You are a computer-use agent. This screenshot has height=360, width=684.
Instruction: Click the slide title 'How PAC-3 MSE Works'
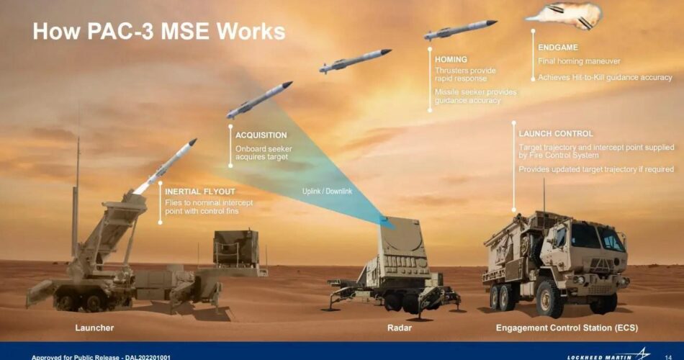click(x=159, y=32)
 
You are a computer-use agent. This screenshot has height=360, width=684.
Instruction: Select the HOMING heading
click(x=451, y=59)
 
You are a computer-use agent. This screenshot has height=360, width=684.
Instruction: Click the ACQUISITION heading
click(x=261, y=135)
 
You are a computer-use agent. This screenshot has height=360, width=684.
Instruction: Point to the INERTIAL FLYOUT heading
click(x=199, y=192)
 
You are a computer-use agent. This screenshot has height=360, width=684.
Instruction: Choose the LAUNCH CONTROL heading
click(x=556, y=133)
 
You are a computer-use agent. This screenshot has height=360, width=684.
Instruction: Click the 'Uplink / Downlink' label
click(x=327, y=191)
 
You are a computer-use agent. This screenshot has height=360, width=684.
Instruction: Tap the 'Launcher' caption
click(x=94, y=328)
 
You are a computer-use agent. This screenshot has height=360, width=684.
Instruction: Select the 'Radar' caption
click(x=399, y=328)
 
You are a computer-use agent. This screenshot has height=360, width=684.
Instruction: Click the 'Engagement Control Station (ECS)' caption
click(x=567, y=328)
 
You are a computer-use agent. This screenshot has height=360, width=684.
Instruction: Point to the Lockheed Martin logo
click(x=608, y=355)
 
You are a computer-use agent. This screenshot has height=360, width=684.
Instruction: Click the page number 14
click(x=668, y=357)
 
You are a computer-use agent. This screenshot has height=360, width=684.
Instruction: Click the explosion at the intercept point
click(x=567, y=16)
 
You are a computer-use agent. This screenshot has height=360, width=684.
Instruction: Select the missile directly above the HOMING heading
click(x=460, y=30)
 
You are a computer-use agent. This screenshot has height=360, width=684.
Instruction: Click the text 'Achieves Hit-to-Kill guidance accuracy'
click(x=605, y=77)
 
